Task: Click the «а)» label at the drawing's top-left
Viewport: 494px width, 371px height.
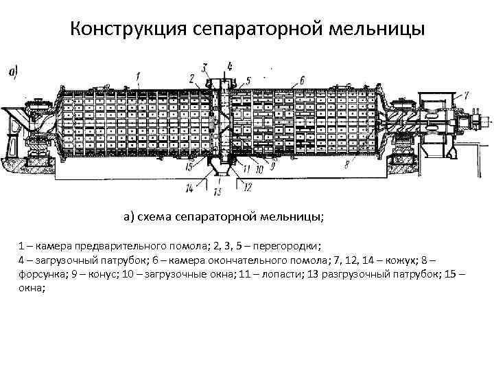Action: (12, 71)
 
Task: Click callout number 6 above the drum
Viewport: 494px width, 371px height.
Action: (302, 78)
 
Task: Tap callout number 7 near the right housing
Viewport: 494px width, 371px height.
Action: (466, 94)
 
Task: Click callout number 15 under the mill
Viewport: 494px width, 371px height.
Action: (188, 165)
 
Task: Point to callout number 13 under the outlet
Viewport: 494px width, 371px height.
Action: (219, 190)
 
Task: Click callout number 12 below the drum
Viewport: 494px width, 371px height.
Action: (248, 186)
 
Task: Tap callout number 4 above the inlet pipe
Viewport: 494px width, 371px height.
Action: (229, 66)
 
